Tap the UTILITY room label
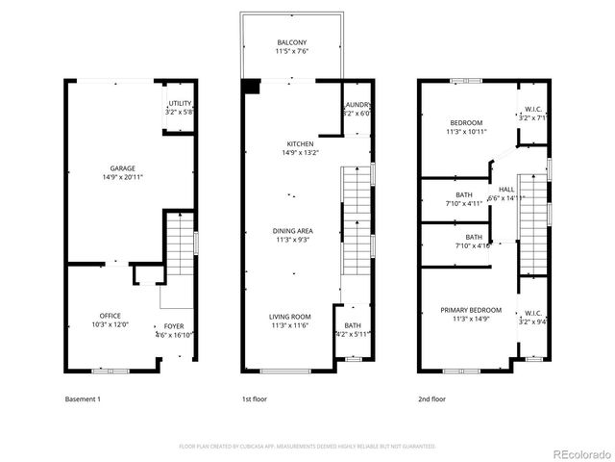(180, 103)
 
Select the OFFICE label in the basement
(111, 316)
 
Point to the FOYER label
(173, 326)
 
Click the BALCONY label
(292, 42)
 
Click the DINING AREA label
(292, 231)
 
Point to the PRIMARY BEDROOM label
(472, 310)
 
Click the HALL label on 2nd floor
(506, 189)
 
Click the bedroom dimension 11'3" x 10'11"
(466, 132)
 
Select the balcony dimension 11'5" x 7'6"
(292, 52)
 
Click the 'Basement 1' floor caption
(83, 398)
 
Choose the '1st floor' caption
(255, 398)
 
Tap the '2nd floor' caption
(431, 398)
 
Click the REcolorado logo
(579, 453)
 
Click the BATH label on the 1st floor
(353, 325)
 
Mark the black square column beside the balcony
(252, 85)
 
